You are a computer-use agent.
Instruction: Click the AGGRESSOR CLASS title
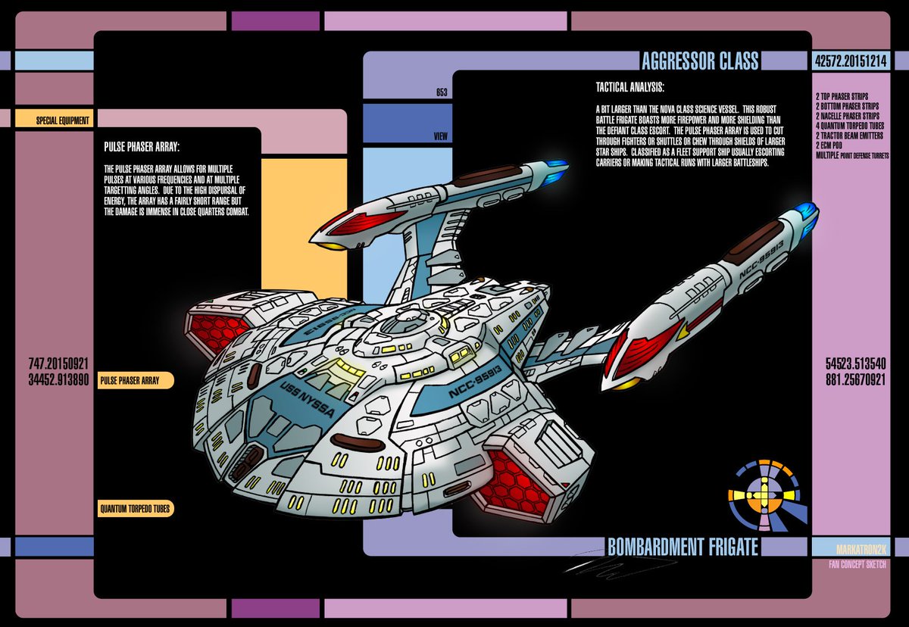click(699, 61)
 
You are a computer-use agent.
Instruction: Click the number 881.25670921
click(855, 379)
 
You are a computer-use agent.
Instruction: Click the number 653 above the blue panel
click(442, 93)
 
